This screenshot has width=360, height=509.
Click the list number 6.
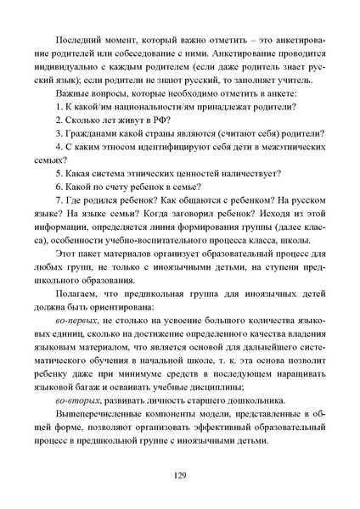click(58, 192)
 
